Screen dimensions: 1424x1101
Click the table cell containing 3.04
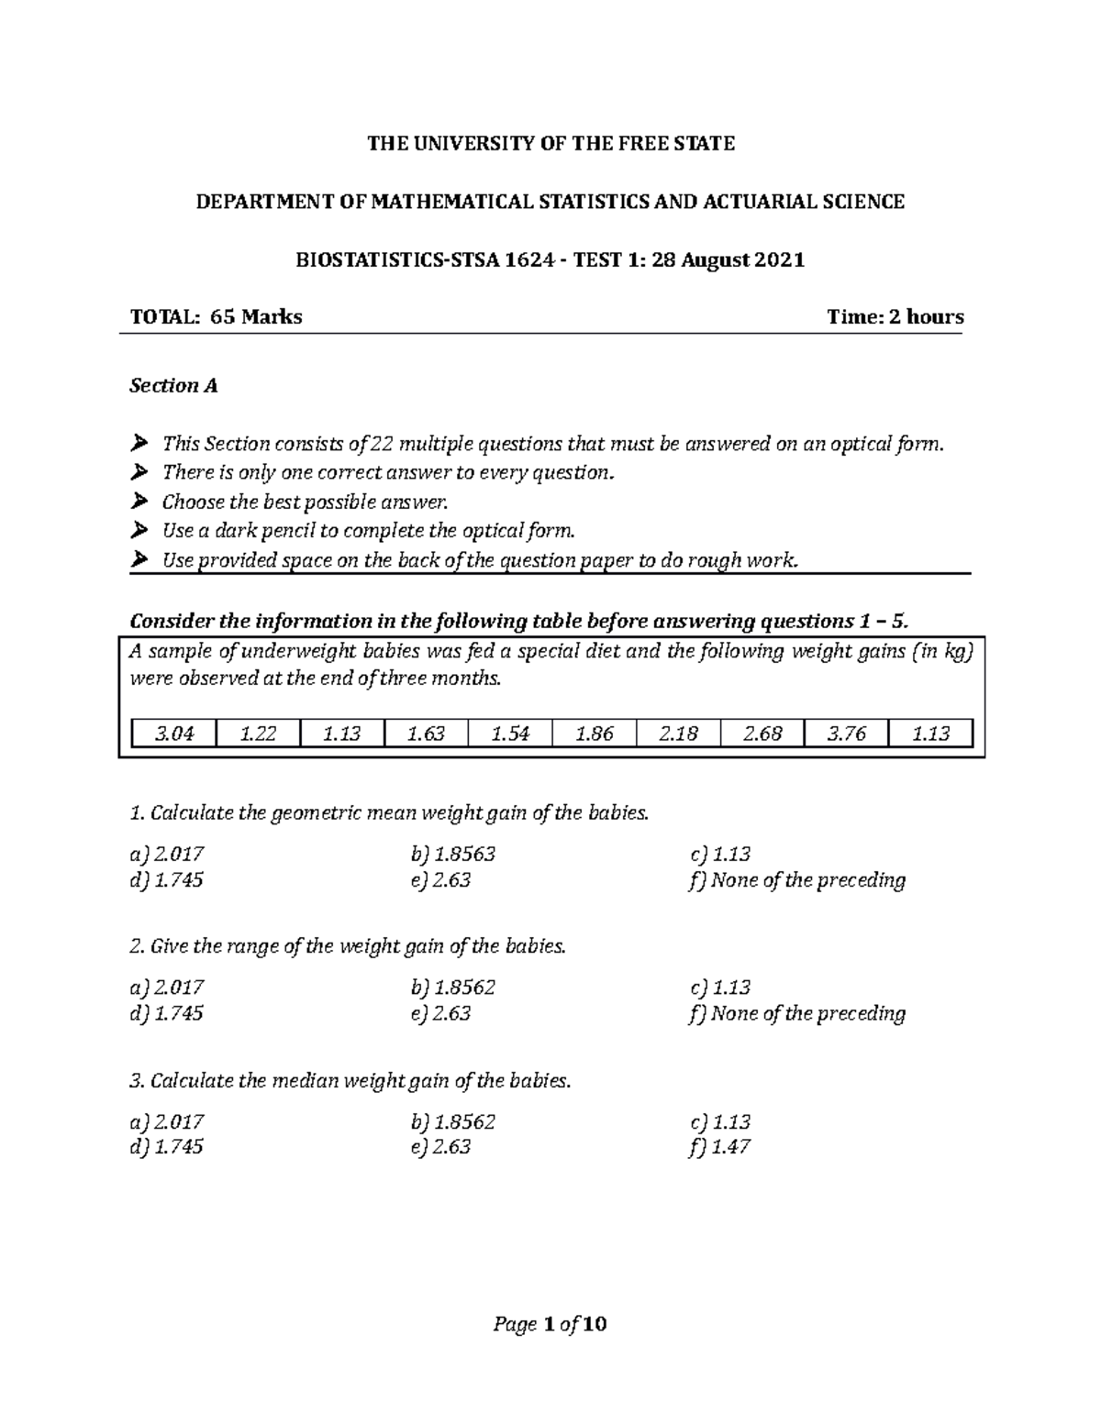pyautogui.click(x=173, y=734)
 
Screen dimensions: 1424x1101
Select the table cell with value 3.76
pyautogui.click(x=846, y=734)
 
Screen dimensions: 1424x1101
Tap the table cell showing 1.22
pyautogui.click(x=258, y=734)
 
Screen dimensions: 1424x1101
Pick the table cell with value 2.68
pyautogui.click(x=762, y=734)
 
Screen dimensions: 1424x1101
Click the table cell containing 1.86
pyautogui.click(x=594, y=734)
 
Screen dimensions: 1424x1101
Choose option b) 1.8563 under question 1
pyautogui.click(x=453, y=855)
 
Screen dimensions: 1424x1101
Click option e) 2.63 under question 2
pyautogui.click(x=441, y=1013)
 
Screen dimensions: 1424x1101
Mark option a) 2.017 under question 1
pyautogui.click(x=167, y=855)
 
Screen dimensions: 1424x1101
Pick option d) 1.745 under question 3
pyautogui.click(x=167, y=1147)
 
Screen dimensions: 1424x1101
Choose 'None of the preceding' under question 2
pyautogui.click(x=796, y=1013)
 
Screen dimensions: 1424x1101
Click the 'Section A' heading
pyautogui.click(x=173, y=386)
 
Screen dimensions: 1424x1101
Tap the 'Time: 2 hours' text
pyautogui.click(x=895, y=317)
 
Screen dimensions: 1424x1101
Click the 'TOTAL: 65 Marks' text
pyautogui.click(x=217, y=317)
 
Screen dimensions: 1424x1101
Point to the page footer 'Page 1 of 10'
pyautogui.click(x=550, y=1324)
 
